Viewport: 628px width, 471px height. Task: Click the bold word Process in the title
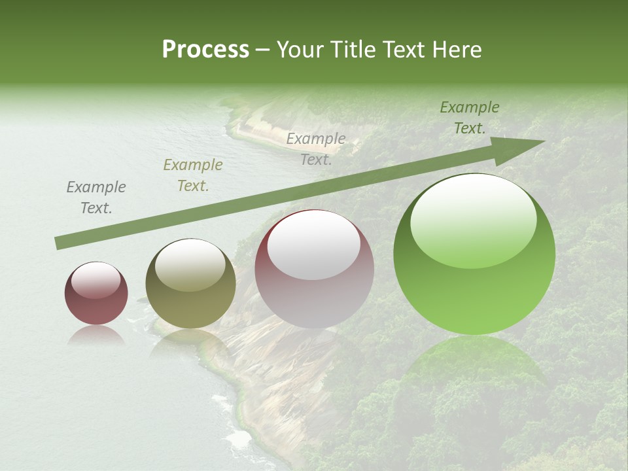(205, 50)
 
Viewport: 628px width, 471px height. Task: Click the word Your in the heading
(300, 50)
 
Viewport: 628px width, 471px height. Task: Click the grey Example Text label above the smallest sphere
(96, 198)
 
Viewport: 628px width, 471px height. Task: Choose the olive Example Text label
(193, 175)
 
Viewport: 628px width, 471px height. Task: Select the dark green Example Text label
(470, 118)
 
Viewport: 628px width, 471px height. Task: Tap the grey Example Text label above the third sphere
(316, 149)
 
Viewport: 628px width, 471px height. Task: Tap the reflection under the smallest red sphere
(96, 335)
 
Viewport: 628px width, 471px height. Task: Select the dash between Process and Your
(263, 50)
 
